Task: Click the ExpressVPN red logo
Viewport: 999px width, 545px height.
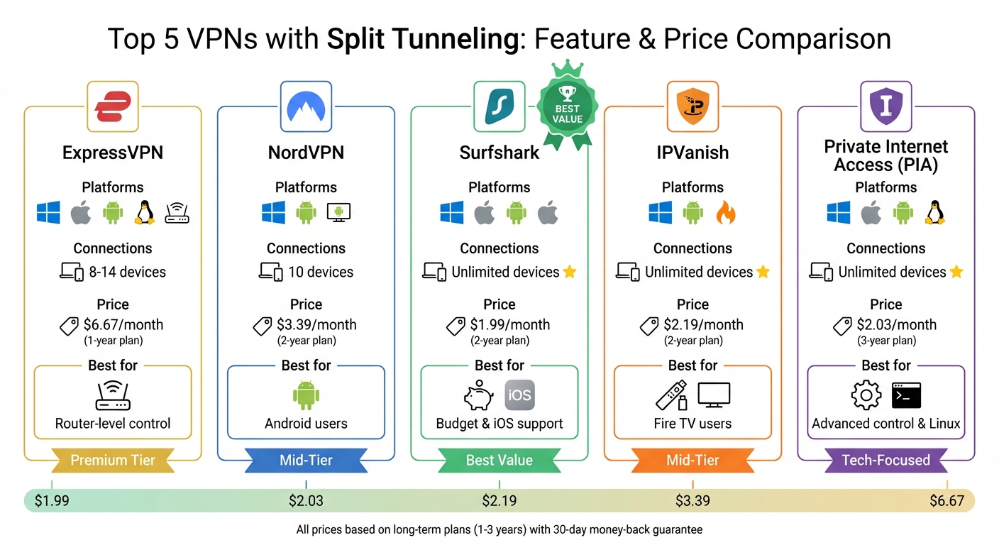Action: (112, 106)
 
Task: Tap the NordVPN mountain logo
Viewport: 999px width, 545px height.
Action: (306, 106)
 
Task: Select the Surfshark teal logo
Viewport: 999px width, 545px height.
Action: (499, 106)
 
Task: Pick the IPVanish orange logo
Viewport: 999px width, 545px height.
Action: (692, 106)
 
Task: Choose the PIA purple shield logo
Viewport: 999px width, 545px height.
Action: (885, 106)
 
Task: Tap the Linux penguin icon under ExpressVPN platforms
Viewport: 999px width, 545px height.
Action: (145, 212)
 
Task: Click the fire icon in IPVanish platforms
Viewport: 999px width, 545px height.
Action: (725, 212)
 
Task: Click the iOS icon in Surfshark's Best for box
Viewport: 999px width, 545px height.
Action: (519, 396)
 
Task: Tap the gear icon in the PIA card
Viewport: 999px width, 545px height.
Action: (866, 396)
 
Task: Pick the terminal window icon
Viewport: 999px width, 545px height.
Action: (906, 396)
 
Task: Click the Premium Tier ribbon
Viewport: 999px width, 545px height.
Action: (113, 460)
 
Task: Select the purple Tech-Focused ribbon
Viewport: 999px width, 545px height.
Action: (885, 460)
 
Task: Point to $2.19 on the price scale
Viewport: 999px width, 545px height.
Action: (499, 501)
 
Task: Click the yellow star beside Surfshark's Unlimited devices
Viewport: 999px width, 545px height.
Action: (569, 272)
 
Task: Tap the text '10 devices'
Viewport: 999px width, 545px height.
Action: (320, 272)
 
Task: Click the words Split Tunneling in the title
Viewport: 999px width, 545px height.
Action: (423, 39)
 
